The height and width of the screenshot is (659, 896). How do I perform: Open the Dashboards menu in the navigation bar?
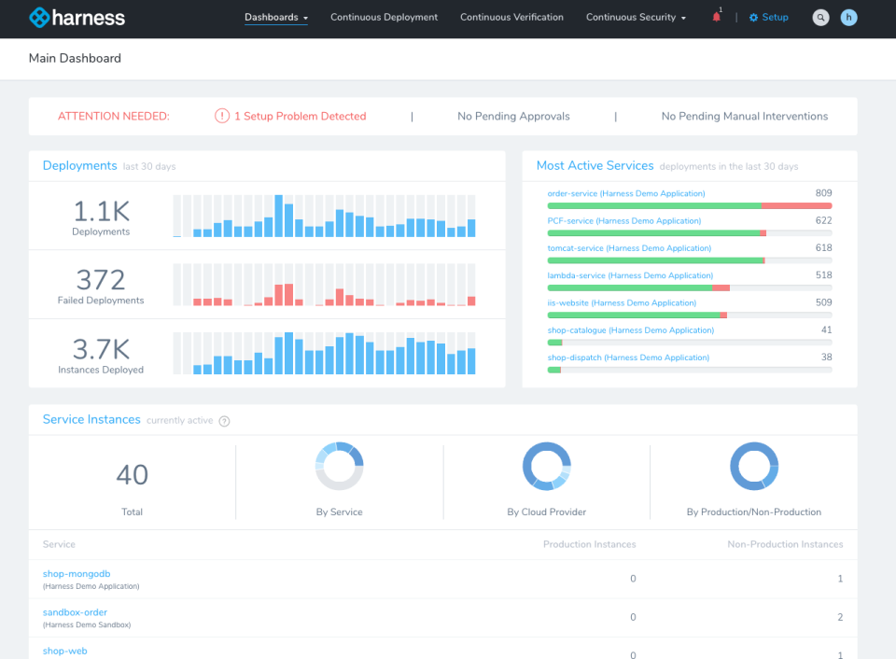click(275, 18)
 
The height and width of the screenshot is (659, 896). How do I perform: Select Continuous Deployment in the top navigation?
click(384, 18)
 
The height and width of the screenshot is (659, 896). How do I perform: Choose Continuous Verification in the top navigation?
click(511, 18)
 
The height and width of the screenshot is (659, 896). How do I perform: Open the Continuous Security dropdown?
click(636, 18)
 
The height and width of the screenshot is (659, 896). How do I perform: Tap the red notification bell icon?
click(717, 17)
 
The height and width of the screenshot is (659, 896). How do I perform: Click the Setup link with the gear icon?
click(769, 18)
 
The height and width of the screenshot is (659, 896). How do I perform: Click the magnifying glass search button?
click(820, 18)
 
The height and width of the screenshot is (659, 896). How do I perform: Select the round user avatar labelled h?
click(848, 18)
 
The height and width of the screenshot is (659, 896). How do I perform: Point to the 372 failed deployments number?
click(101, 280)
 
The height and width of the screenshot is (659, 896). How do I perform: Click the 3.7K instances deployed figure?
click(101, 349)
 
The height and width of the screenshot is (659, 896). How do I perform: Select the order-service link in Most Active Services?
click(625, 194)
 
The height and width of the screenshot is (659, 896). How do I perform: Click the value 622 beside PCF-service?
click(822, 221)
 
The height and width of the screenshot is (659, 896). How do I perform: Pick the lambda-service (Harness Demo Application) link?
click(630, 276)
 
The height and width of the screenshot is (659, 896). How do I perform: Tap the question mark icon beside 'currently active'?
click(224, 421)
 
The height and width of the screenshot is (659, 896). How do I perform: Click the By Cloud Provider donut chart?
click(546, 467)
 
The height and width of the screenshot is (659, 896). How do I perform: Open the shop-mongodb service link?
click(77, 574)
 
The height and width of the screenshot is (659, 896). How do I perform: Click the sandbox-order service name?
click(75, 612)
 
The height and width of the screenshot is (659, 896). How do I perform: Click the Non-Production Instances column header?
click(785, 544)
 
